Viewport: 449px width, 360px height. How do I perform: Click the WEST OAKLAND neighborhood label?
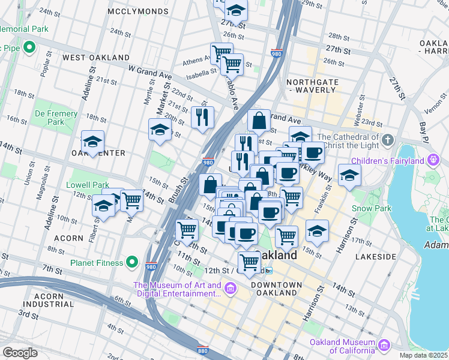(x=96, y=57)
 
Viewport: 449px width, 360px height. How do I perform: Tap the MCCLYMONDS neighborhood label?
(x=137, y=11)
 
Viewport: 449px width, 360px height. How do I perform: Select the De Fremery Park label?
(x=56, y=118)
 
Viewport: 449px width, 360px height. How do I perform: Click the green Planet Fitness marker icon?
(x=133, y=262)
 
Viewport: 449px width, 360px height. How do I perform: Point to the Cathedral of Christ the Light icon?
(x=388, y=141)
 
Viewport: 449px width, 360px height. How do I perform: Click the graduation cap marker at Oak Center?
(x=92, y=142)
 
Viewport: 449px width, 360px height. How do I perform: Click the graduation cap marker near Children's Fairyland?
(x=349, y=175)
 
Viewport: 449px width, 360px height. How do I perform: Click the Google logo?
(x=20, y=353)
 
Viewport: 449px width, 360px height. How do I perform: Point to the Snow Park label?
(x=380, y=208)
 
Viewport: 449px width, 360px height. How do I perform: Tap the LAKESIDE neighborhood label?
(x=375, y=256)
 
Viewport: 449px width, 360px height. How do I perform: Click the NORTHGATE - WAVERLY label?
(x=311, y=86)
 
